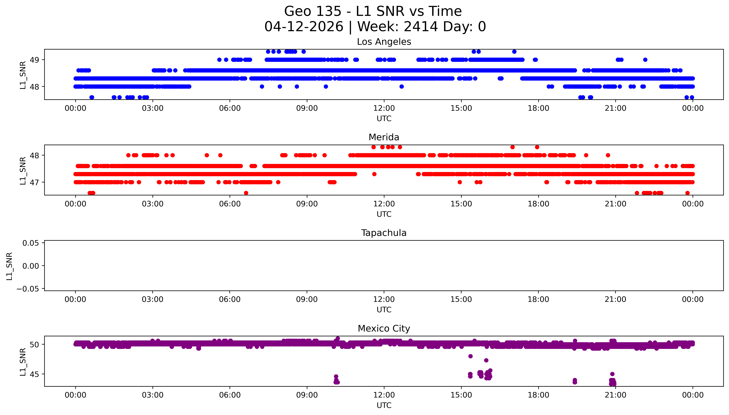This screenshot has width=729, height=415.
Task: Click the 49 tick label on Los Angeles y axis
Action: tap(34, 60)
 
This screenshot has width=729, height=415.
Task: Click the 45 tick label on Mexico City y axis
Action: tap(34, 374)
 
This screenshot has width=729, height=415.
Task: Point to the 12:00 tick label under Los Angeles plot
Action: tap(384, 108)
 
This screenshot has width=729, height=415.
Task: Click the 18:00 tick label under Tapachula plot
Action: tap(538, 300)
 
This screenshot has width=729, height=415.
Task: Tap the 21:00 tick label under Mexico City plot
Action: tap(616, 395)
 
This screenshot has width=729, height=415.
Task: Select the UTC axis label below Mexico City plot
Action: tap(384, 405)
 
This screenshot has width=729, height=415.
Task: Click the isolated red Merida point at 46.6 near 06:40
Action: tap(246, 193)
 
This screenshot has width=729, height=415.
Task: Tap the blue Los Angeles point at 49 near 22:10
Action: tap(645, 60)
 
